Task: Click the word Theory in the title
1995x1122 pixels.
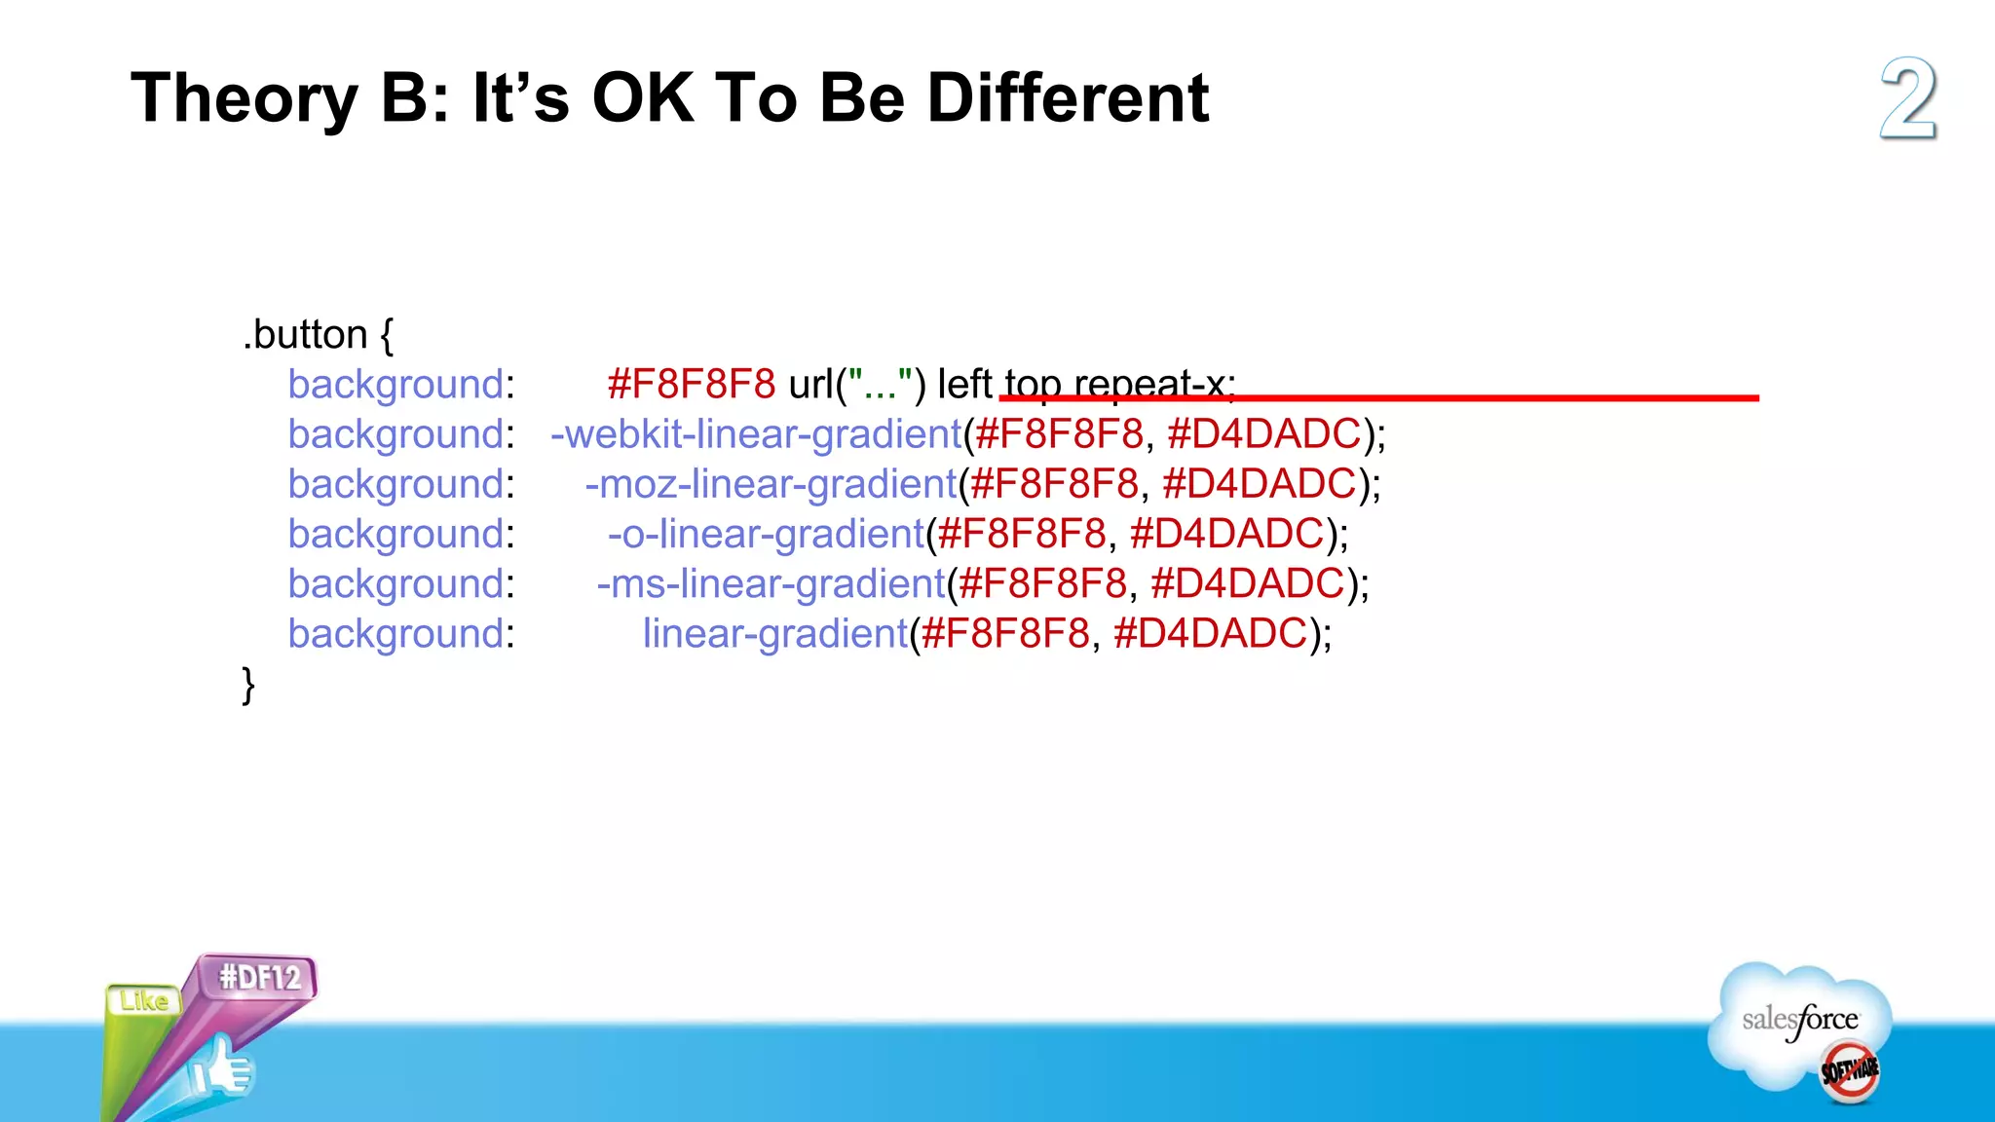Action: [x=245, y=98]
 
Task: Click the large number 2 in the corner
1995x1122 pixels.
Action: [x=1907, y=99]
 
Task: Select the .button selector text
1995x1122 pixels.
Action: [x=305, y=335]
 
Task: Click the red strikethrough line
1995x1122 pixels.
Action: [x=1461, y=397]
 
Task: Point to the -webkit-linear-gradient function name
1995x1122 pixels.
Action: [x=756, y=434]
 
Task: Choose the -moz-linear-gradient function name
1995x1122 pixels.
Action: [x=771, y=484]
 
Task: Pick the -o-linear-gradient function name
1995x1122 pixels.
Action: [x=766, y=534]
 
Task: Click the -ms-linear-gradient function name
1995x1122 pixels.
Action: [x=771, y=583]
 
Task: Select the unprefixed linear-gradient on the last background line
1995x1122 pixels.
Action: [x=774, y=634]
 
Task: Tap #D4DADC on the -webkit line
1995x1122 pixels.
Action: [x=1263, y=434]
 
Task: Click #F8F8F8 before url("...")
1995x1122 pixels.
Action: [x=691, y=384]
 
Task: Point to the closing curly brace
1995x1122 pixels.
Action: [x=248, y=685]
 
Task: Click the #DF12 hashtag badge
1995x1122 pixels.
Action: [x=259, y=977]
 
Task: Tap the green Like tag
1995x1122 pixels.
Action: [x=143, y=1001]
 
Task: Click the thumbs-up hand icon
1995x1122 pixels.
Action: [x=222, y=1069]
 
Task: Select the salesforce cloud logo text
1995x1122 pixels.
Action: [x=1799, y=1020]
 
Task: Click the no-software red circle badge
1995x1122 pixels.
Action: [x=1849, y=1071]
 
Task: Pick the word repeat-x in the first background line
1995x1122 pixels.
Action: [x=1154, y=384]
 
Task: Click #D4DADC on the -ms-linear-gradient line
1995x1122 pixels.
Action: [x=1247, y=583]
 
